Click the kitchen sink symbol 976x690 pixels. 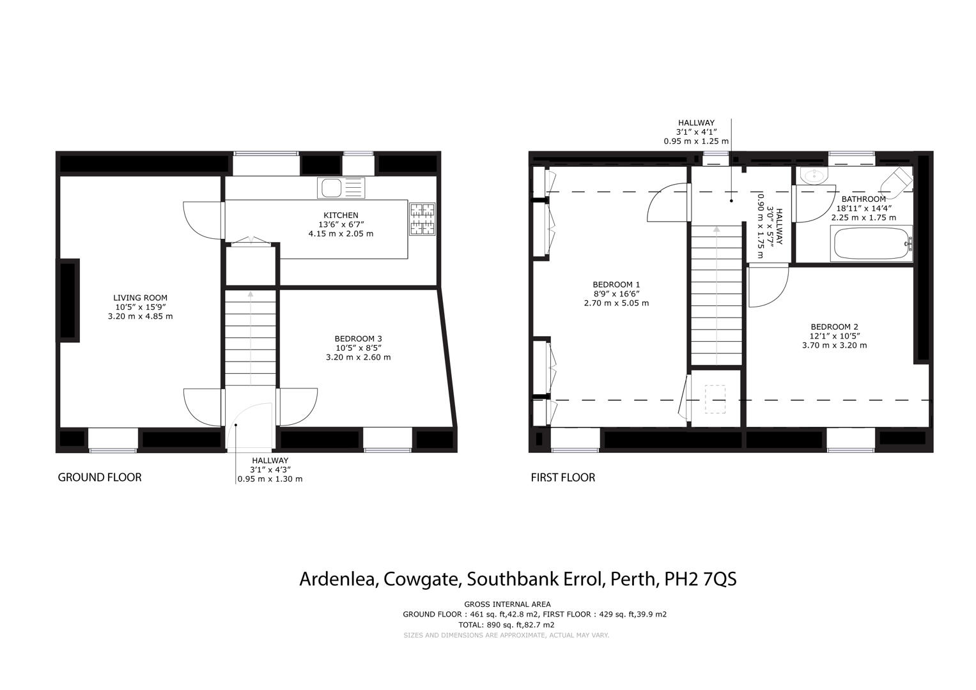pyautogui.click(x=341, y=188)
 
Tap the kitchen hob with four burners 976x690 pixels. pyautogui.click(x=422, y=219)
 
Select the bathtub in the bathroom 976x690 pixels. pyautogui.click(x=871, y=244)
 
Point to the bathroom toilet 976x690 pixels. pyautogui.click(x=897, y=180)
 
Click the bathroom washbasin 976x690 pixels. pyautogui.click(x=814, y=175)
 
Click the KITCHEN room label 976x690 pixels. pyautogui.click(x=341, y=215)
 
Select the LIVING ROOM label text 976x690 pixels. pyautogui.click(x=140, y=298)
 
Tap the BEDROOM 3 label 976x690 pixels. pyautogui.click(x=358, y=339)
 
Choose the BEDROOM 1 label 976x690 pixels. pyautogui.click(x=616, y=285)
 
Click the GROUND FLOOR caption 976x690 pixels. pyautogui.click(x=100, y=477)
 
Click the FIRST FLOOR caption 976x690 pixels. pyautogui.click(x=562, y=477)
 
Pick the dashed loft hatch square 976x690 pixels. pyautogui.click(x=715, y=399)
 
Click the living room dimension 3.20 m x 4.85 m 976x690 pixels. pyautogui.click(x=140, y=316)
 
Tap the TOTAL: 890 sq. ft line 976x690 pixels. pyautogui.click(x=506, y=625)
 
